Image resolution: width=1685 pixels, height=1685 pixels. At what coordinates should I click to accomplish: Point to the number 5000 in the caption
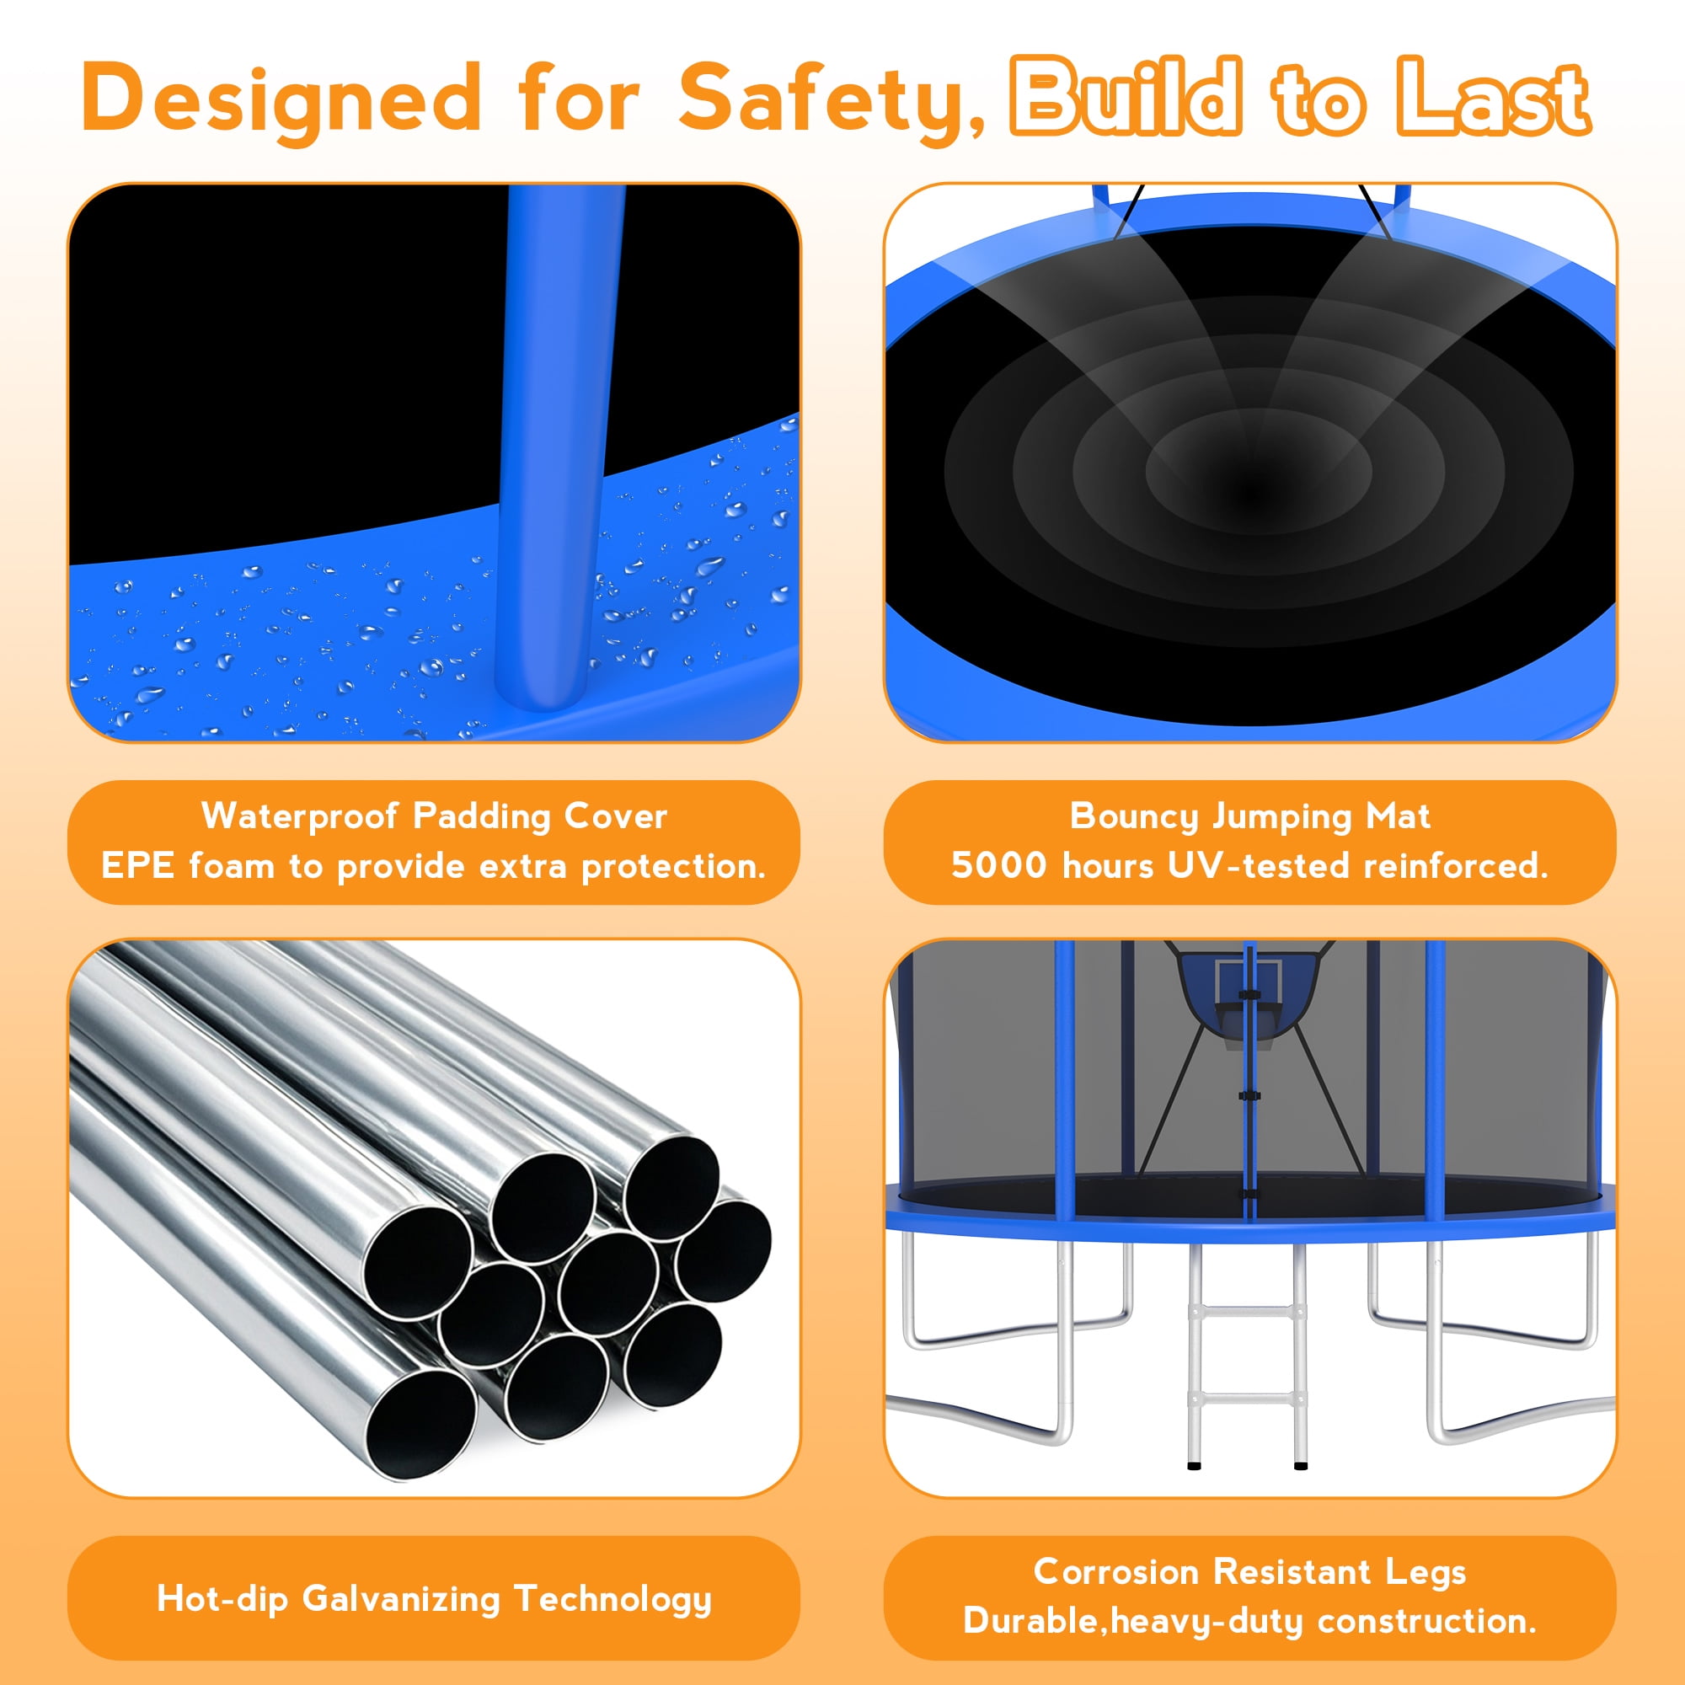pos(998,866)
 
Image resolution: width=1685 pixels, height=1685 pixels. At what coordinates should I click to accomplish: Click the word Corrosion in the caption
pos(1115,1571)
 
